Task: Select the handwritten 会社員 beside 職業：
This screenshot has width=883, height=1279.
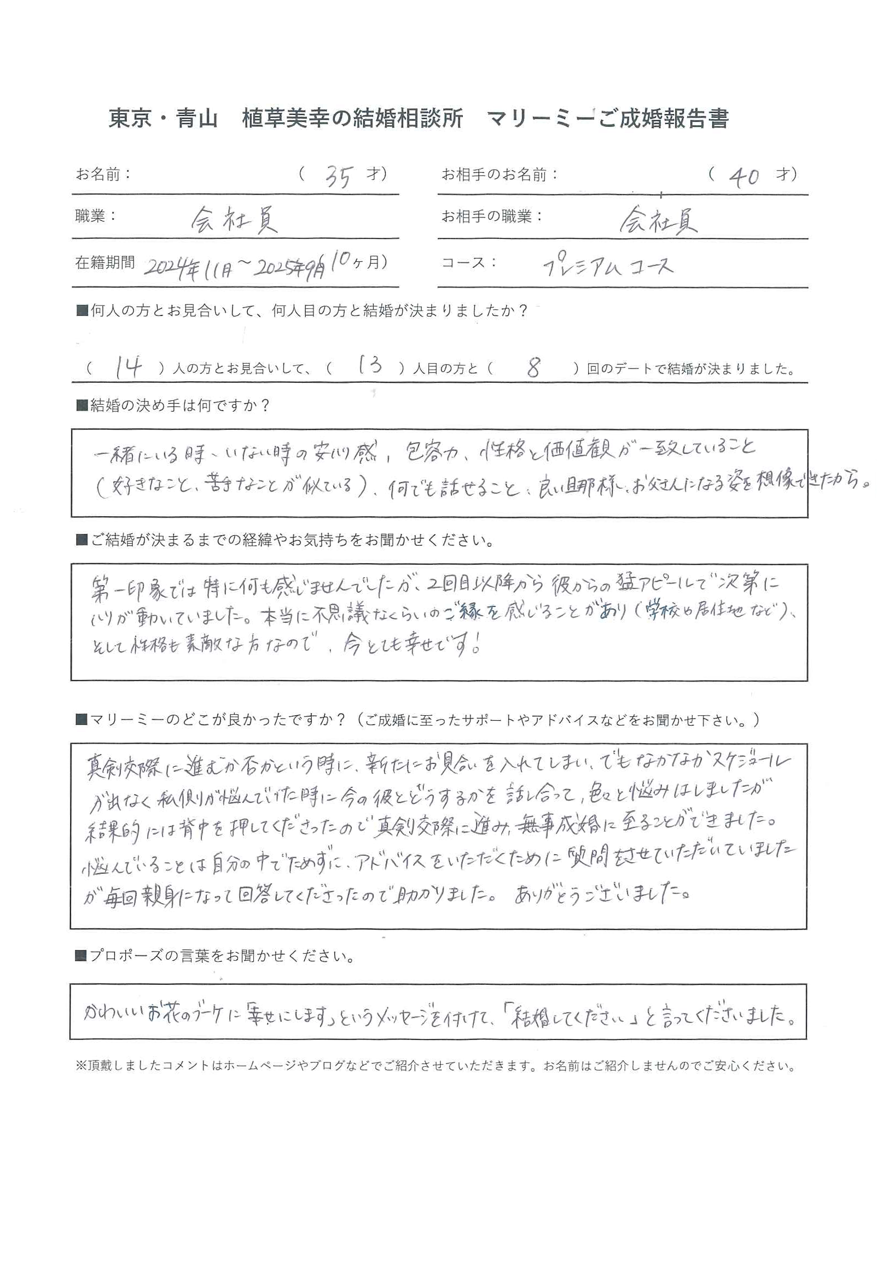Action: [x=234, y=221]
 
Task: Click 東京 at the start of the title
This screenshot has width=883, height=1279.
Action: [x=130, y=119]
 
